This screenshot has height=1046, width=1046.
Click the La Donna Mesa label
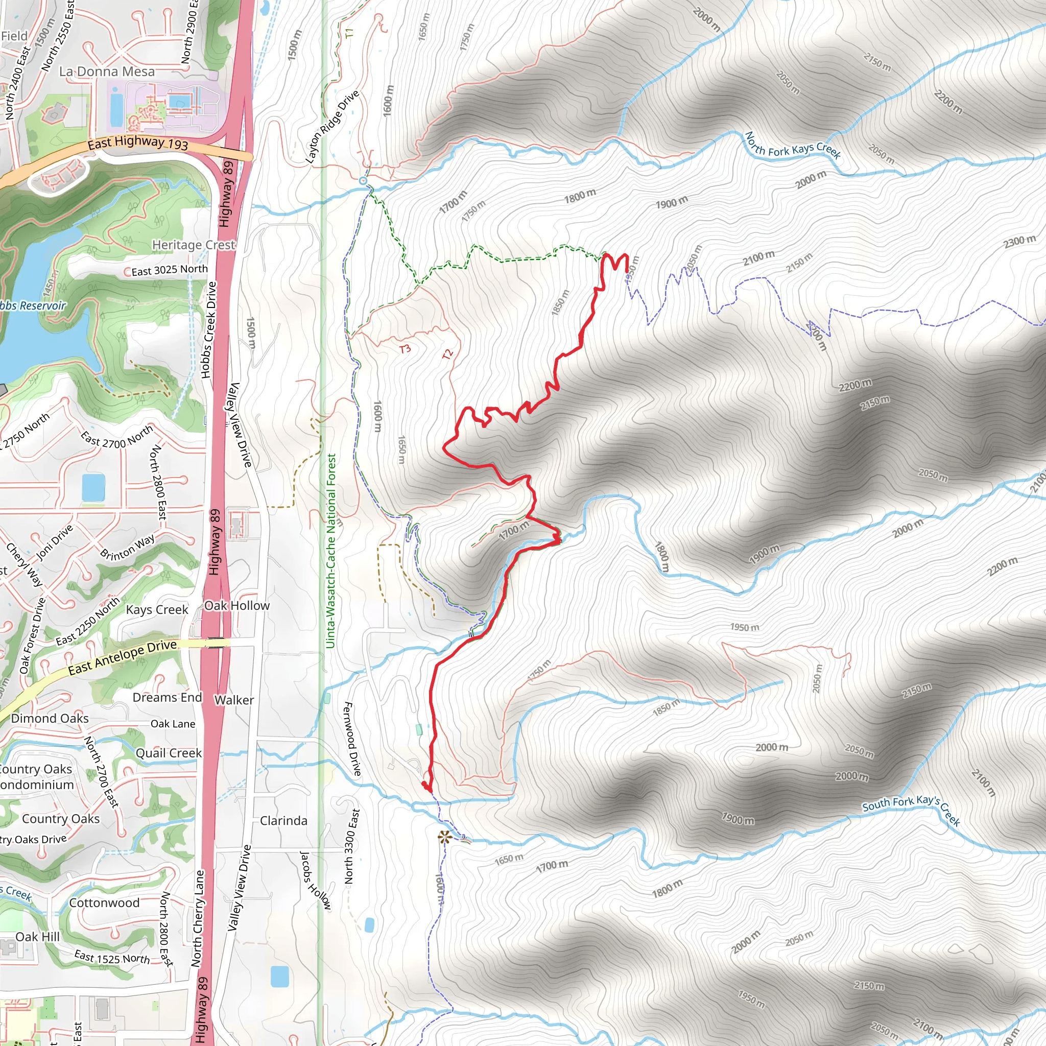pos(107,72)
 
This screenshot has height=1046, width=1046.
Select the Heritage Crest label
pos(193,245)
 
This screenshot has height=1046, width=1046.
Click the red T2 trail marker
pos(447,354)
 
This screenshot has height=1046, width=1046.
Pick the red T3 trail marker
pos(405,349)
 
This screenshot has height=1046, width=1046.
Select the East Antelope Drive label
pos(123,657)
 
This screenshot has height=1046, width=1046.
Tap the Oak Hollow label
pos(236,606)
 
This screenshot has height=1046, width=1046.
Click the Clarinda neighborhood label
pos(283,821)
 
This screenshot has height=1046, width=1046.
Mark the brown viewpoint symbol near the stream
pos(444,838)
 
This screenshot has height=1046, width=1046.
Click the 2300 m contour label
pos(1019,241)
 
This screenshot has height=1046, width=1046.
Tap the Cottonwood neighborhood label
pos(104,902)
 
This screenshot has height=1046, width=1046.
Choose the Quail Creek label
pos(169,753)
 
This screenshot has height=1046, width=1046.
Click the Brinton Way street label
pos(127,547)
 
